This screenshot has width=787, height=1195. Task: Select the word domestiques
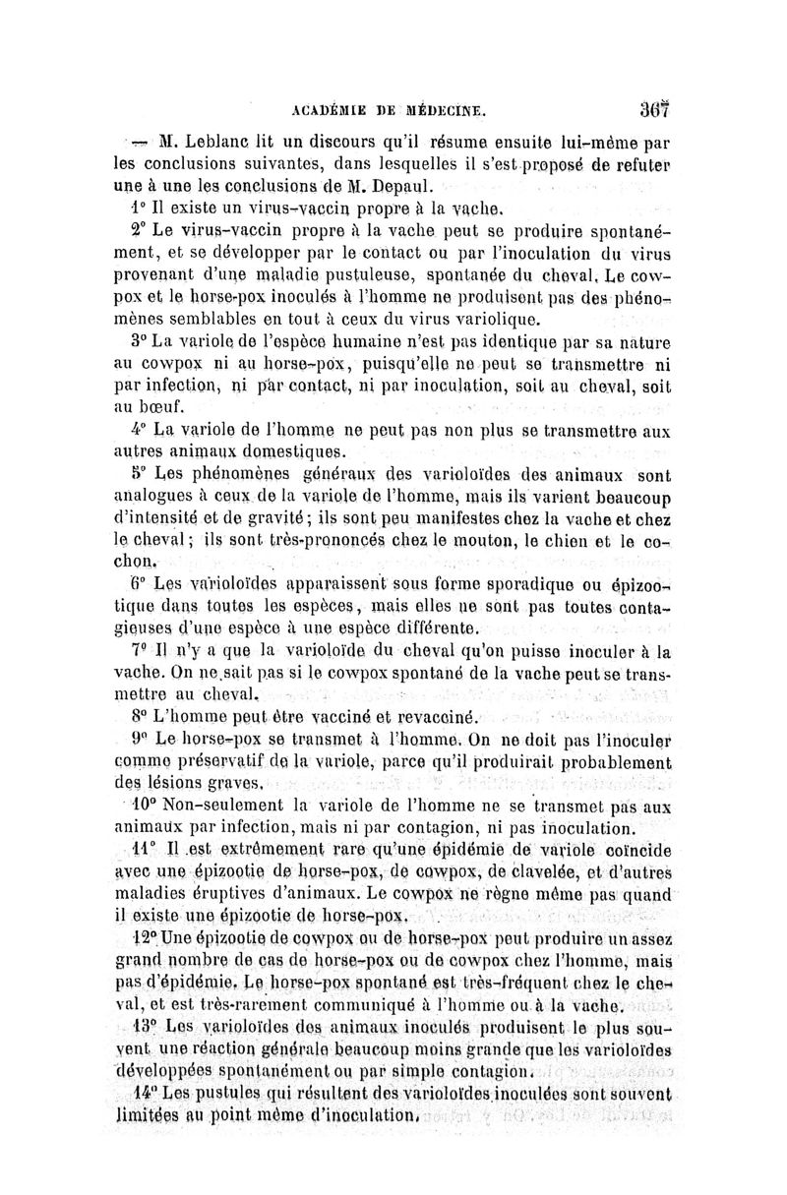(284, 452)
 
